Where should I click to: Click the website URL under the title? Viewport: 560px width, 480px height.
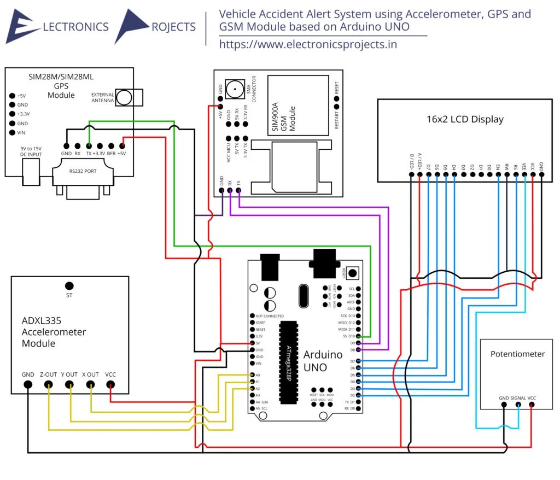pyautogui.click(x=308, y=45)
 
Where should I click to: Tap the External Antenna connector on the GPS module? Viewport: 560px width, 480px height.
pyautogui.click(x=125, y=98)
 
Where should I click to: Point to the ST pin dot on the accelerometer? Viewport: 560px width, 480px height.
pyautogui.click(x=69, y=286)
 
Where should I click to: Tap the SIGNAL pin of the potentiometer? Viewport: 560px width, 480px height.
pyautogui.click(x=517, y=405)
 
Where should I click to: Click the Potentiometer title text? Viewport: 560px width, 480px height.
pyautogui.click(x=517, y=354)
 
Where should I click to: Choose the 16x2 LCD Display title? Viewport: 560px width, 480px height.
pyautogui.click(x=464, y=119)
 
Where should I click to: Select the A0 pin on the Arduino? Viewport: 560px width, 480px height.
pyautogui.click(x=251, y=375)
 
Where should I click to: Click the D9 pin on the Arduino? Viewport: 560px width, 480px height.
pyautogui.click(x=359, y=343)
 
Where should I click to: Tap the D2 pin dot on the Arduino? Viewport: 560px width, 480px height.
pyautogui.click(x=359, y=395)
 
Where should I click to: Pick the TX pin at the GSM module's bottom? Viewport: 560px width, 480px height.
pyautogui.click(x=238, y=191)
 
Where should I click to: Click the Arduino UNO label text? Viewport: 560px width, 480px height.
pyautogui.click(x=323, y=360)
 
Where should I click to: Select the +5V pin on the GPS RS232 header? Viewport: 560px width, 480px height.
pyautogui.click(x=121, y=146)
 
